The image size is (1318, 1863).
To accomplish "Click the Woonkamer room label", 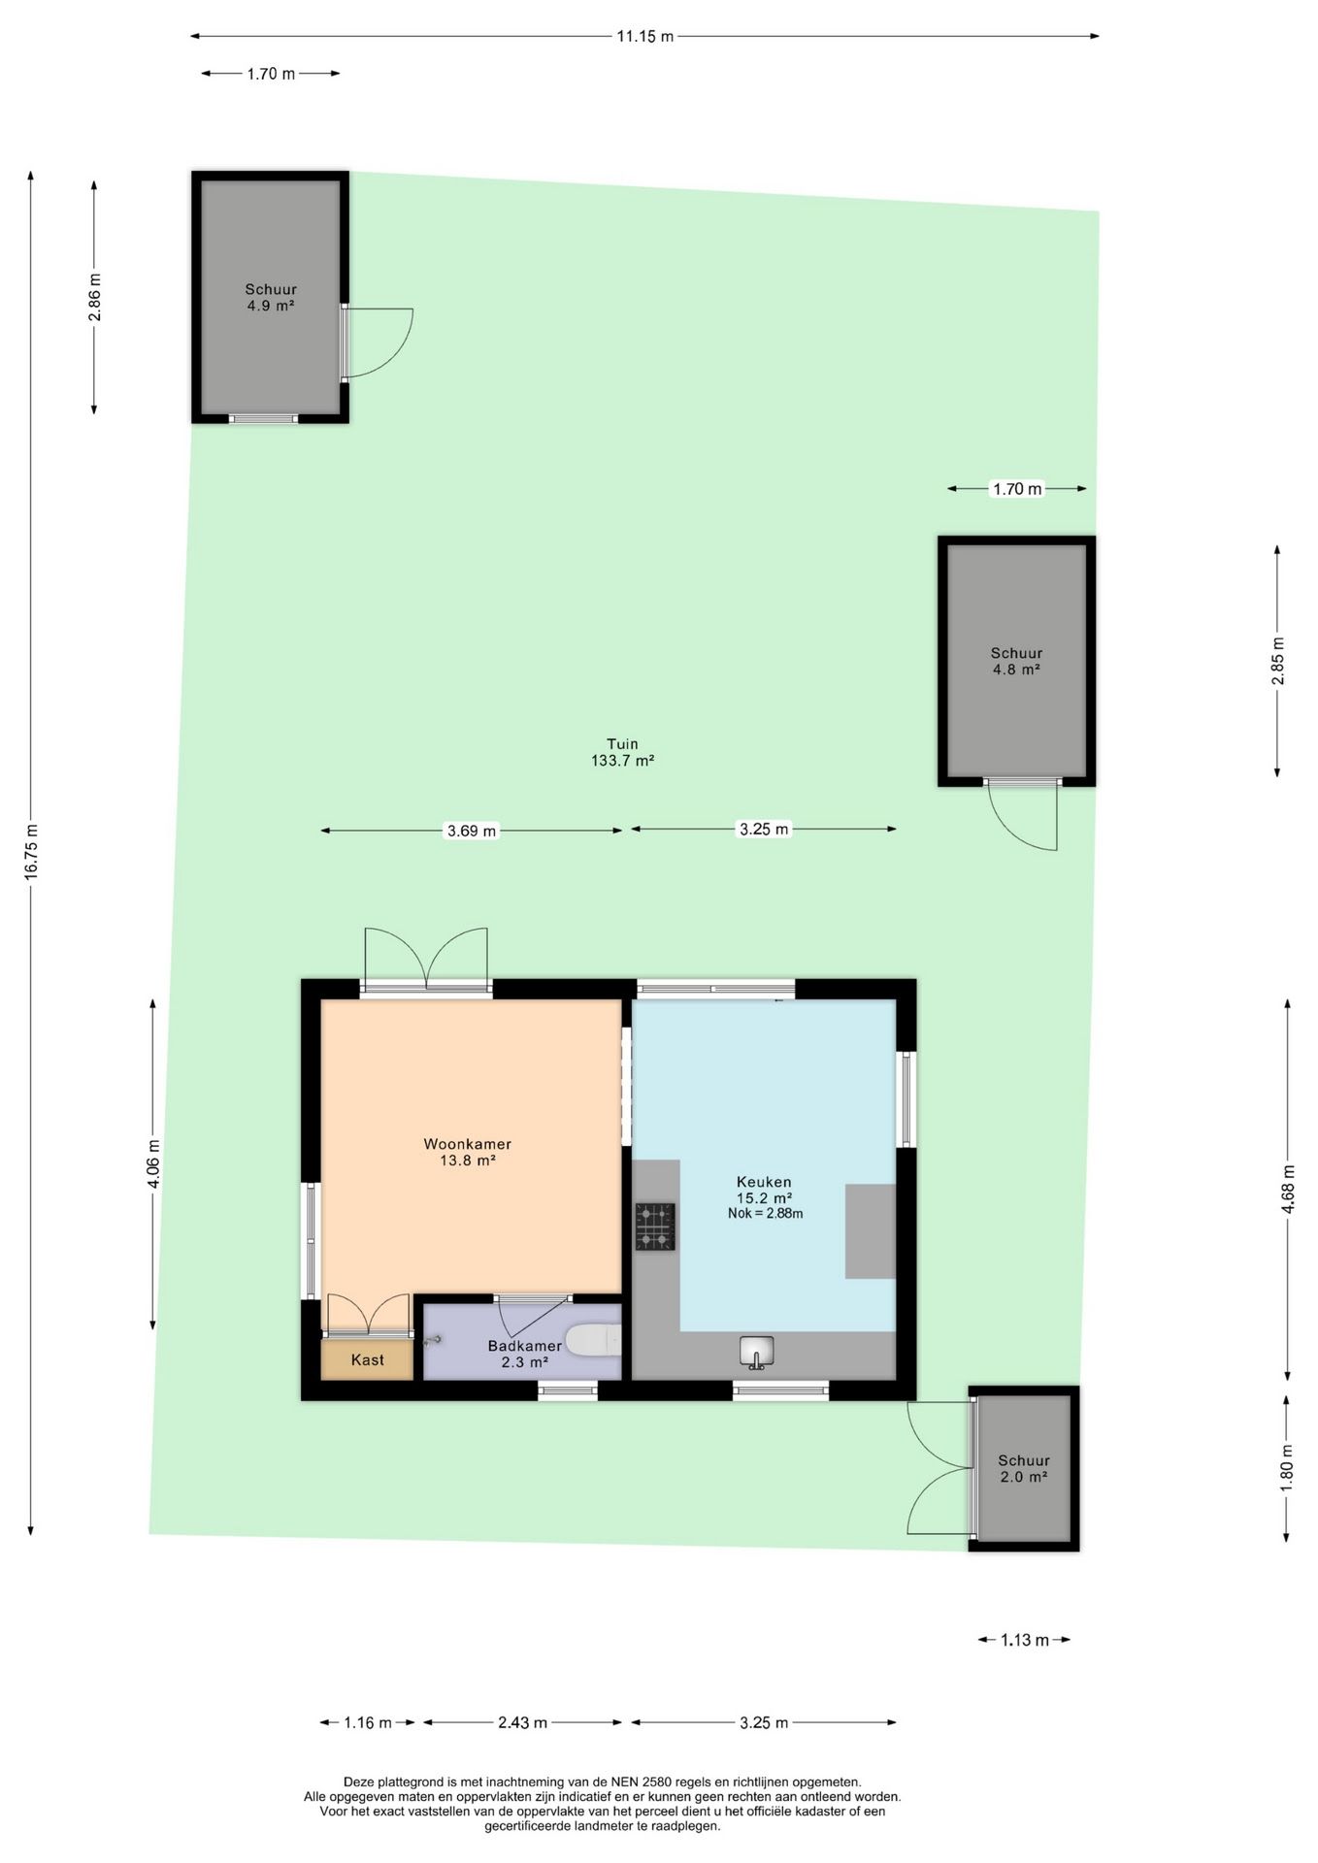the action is click(467, 1144).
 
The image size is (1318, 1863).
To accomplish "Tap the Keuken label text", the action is click(764, 1182).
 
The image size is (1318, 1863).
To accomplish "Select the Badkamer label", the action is click(524, 1346).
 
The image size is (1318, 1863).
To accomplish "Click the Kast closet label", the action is click(368, 1359).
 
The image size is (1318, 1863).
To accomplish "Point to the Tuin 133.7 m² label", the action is click(622, 753).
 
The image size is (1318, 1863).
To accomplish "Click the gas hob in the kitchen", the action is click(655, 1226).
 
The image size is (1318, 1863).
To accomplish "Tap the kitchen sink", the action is click(757, 1352).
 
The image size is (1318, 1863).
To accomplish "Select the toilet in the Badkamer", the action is click(593, 1341).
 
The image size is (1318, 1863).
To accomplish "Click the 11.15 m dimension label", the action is click(644, 37).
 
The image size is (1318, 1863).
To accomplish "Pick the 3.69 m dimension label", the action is click(471, 831).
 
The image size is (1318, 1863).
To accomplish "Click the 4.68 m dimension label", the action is click(1288, 1189).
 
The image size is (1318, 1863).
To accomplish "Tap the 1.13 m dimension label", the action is click(1025, 1640).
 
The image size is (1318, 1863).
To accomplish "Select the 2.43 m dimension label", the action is click(522, 1722).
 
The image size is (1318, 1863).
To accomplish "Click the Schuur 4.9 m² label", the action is click(271, 297).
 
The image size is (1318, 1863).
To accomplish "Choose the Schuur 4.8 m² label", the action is click(1016, 661).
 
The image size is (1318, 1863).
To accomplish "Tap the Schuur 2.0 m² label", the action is click(1024, 1468).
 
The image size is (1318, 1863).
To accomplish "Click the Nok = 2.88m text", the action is click(765, 1213).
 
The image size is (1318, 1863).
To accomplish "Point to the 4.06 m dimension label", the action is click(153, 1163).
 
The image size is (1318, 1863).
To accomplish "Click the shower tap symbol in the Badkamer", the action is click(433, 1340).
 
